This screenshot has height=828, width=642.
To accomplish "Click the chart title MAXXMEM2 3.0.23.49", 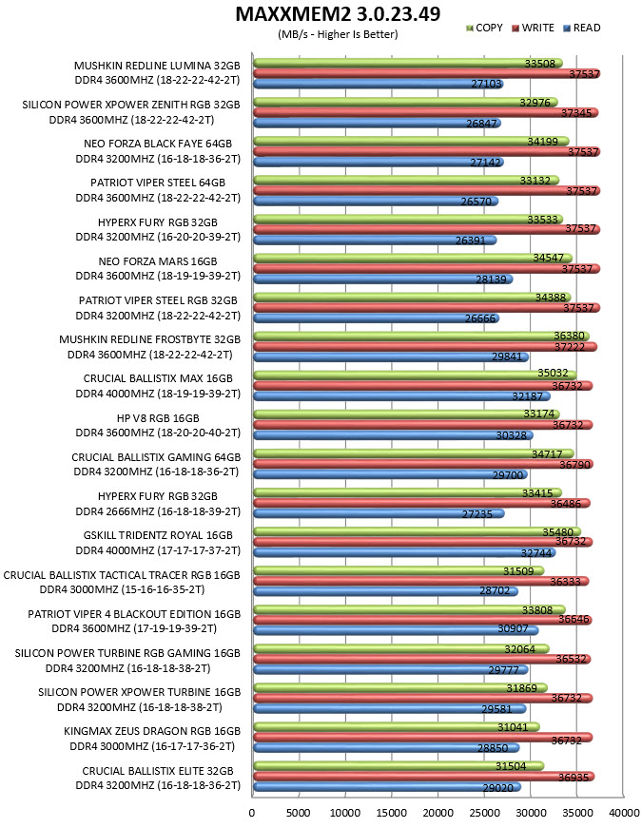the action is click(338, 14).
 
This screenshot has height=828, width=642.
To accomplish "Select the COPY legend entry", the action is click(484, 28).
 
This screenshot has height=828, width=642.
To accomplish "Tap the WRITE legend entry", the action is click(534, 28).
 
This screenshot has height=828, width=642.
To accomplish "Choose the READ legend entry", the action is click(582, 28).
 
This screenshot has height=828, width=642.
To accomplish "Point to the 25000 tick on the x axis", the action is click(484, 813).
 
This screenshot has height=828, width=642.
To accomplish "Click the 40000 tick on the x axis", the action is click(624, 813).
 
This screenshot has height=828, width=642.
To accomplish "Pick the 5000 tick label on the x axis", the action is click(298, 813).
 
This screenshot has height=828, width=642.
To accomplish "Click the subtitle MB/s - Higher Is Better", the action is click(338, 34).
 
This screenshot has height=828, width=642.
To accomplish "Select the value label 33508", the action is click(540, 64).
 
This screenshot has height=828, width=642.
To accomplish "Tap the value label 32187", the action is click(527, 396).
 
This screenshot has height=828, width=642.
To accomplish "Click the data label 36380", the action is click(569, 336).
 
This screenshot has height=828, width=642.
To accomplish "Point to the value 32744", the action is click(535, 553).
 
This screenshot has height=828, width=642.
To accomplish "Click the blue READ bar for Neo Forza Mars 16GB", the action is click(382, 279).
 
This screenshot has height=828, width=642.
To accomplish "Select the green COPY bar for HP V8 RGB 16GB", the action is click(406, 414).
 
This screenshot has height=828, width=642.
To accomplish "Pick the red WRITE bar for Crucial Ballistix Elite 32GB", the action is click(424, 777).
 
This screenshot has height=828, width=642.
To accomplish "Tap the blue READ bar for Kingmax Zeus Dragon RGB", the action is click(386, 748).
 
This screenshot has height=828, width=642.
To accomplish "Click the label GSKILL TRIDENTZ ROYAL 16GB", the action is click(158, 535).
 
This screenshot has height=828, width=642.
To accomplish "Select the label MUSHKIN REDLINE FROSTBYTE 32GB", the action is click(149, 339).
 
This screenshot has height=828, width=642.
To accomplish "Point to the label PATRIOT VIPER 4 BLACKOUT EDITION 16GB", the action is click(134, 614).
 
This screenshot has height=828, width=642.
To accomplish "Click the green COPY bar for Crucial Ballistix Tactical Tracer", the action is click(399, 570).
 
